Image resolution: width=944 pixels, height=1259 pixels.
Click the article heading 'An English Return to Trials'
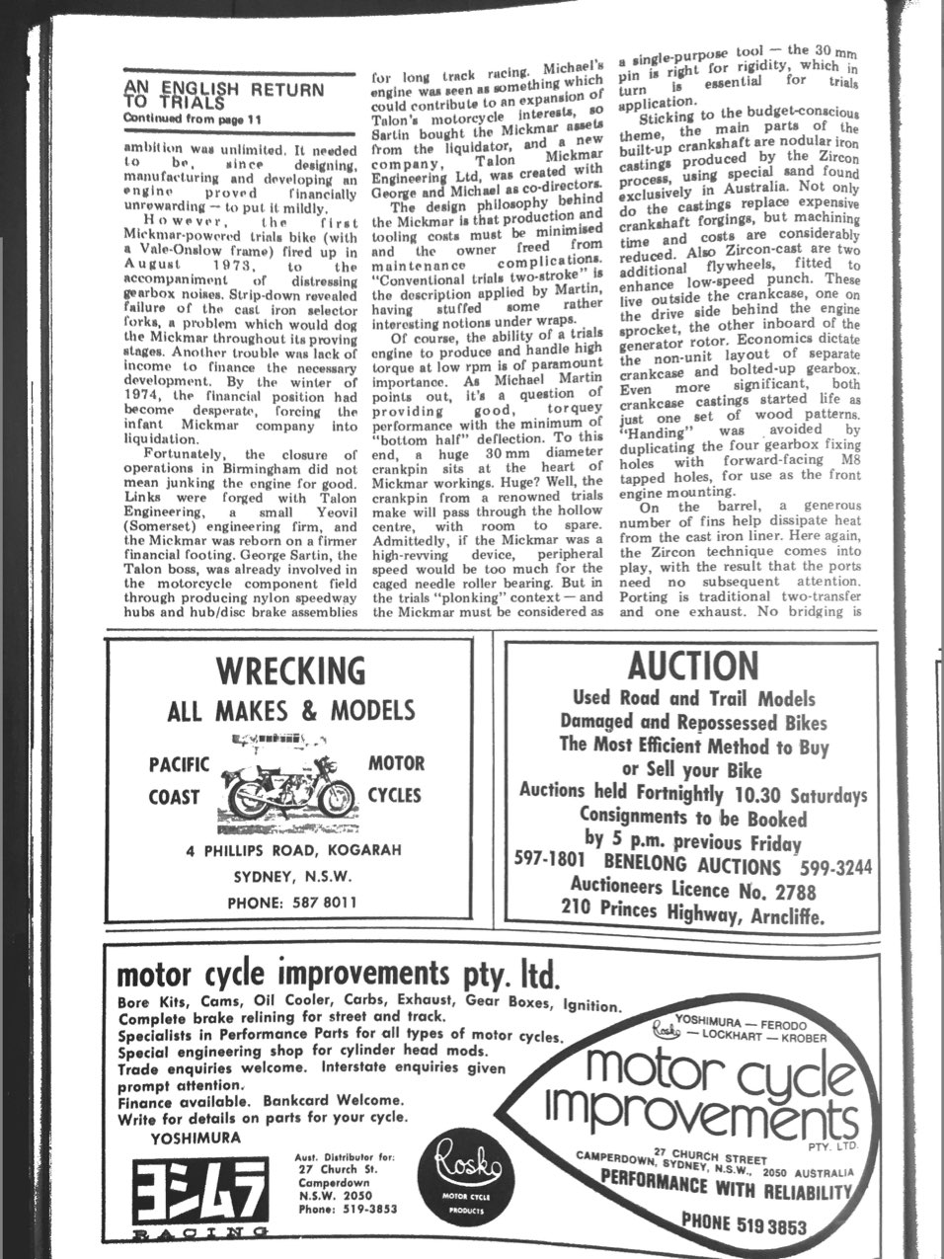click(223, 95)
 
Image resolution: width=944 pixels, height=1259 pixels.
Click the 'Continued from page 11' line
click(193, 118)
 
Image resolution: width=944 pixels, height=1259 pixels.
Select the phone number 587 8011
click(291, 902)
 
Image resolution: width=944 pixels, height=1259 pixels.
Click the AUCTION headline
click(693, 668)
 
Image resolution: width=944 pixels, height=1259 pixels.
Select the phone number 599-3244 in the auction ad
click(835, 867)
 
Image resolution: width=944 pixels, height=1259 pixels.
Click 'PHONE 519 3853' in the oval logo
click(744, 1225)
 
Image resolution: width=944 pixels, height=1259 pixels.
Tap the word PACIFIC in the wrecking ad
click(179, 764)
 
